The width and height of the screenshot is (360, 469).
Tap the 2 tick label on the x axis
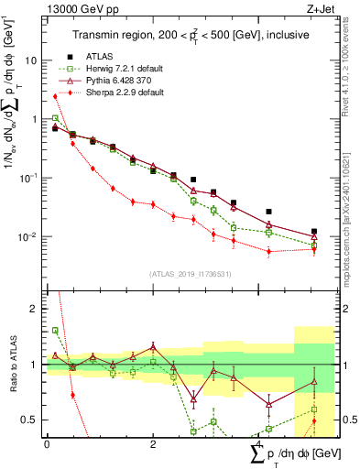(152, 444)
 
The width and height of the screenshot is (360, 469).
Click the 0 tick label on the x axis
(47, 444)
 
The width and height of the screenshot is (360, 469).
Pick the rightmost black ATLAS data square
(314, 232)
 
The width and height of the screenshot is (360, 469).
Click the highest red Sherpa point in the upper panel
(55, 96)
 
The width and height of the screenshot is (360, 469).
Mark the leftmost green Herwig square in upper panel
(55, 117)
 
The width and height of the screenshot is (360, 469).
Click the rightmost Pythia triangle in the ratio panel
(314, 382)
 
